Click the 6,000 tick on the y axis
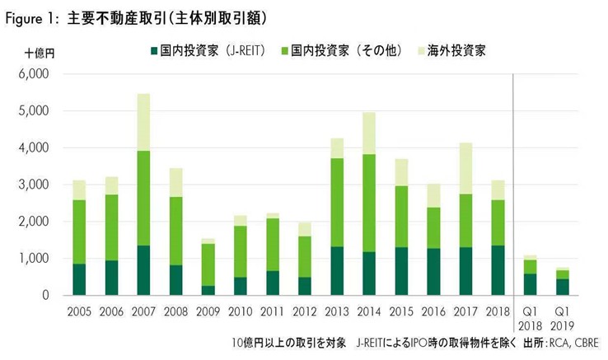coord(35,73)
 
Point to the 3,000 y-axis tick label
coord(35,185)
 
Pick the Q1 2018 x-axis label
coord(531,320)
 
